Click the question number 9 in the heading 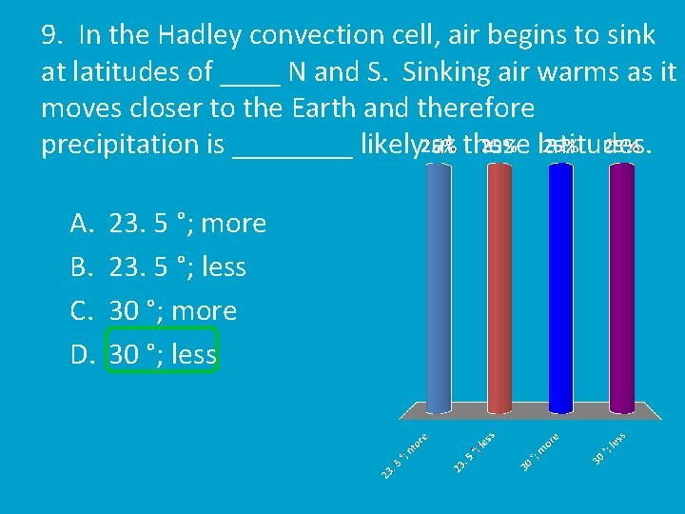click(53, 36)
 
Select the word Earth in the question click(324, 109)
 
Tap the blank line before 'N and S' click(249, 80)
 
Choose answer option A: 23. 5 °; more click(187, 224)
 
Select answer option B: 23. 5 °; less click(178, 267)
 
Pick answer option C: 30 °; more click(173, 311)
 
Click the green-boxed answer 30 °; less click(163, 355)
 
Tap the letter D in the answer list click(80, 355)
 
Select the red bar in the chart click(499, 286)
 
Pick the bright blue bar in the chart click(563, 286)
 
